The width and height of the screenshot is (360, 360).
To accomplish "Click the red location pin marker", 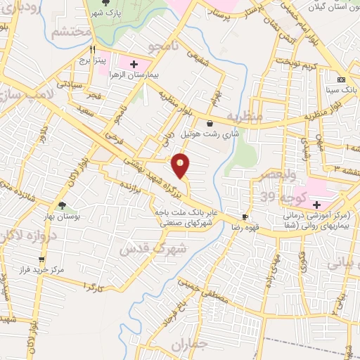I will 181,166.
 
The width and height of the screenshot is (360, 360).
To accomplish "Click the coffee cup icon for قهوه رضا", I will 245,217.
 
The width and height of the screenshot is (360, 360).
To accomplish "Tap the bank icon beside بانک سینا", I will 341,79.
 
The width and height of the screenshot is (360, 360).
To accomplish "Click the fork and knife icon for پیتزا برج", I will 93,50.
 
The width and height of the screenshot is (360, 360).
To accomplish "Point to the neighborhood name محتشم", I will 70,32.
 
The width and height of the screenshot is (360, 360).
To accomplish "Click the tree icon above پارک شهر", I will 105,2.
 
